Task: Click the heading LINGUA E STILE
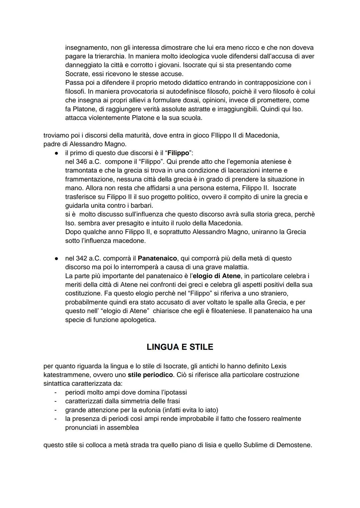pyautogui.click(x=180, y=347)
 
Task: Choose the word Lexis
pyautogui.click(x=279, y=366)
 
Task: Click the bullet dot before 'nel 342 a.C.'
pyautogui.click(x=57, y=258)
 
